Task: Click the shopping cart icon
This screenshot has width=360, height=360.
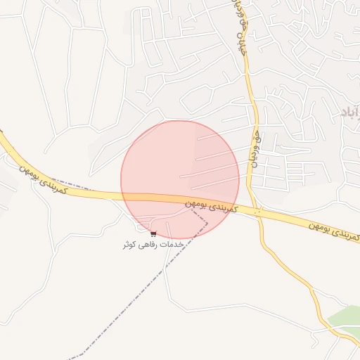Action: pos(153,233)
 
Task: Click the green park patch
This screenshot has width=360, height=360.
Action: pos(345,318)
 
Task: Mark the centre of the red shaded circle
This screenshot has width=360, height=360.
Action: pos(180,180)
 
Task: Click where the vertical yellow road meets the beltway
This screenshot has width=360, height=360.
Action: pos(258,212)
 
